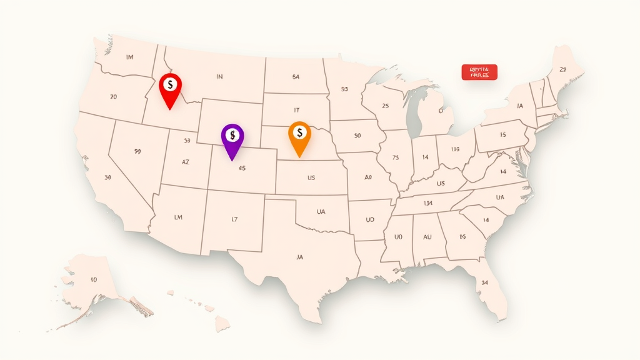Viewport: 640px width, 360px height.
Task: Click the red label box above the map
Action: click(x=479, y=72)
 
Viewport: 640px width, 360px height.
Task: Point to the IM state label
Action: click(x=129, y=57)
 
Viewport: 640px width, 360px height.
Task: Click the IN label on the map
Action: click(x=219, y=77)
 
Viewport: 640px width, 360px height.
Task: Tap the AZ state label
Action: click(x=186, y=161)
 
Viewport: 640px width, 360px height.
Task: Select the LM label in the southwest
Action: click(x=178, y=217)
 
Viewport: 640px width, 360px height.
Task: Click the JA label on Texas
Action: click(x=299, y=256)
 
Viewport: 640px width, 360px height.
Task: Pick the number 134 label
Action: click(x=428, y=203)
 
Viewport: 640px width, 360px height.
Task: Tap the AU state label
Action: click(x=427, y=237)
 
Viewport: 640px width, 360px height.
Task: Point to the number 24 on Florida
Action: click(x=484, y=282)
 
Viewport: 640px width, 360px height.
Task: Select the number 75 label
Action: click(x=395, y=157)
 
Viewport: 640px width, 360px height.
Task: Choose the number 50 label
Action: click(x=357, y=135)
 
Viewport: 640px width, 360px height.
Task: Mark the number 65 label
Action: click(x=242, y=167)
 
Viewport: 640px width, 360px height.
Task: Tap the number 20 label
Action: click(x=113, y=97)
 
